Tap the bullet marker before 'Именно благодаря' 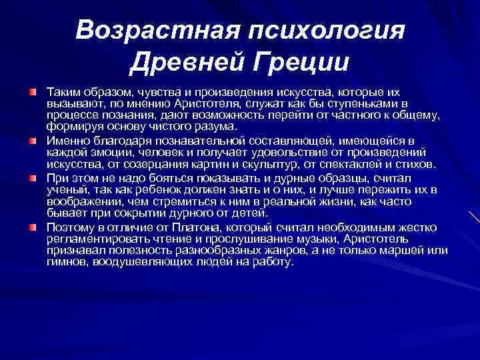(32, 141)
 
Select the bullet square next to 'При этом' (32, 179)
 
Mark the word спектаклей (349, 164)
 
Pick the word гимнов (66, 262)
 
